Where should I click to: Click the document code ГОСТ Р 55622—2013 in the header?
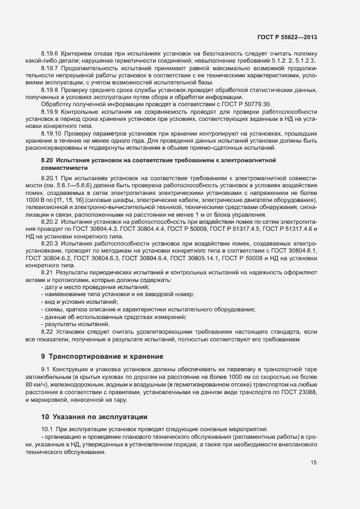[x=287, y=37]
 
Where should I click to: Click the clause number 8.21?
[x=48, y=271]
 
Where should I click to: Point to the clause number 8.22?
[x=48, y=332]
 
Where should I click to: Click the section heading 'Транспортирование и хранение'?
[x=106, y=357]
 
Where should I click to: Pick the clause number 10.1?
[x=47, y=430]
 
